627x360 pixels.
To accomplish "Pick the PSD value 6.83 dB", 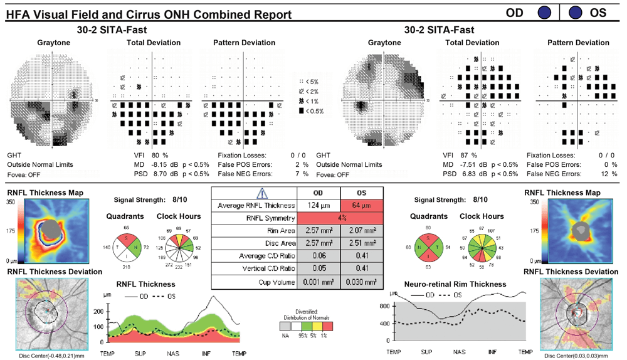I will tap(475, 174).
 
